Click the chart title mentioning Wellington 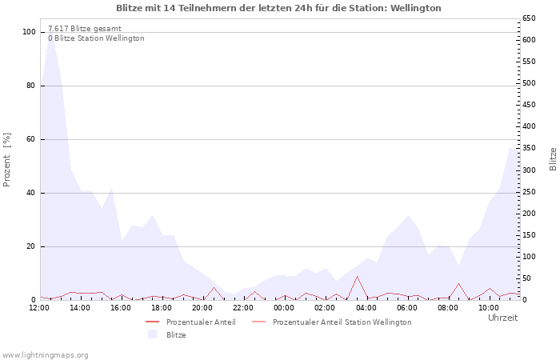[x=278, y=8]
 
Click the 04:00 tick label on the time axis [x=366, y=307]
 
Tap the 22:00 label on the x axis [x=242, y=307]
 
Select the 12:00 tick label [x=40, y=307]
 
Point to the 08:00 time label [x=448, y=307]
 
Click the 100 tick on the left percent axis [x=29, y=32]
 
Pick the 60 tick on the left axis [x=31, y=139]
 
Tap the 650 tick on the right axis [x=528, y=18]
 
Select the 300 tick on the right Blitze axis [x=528, y=170]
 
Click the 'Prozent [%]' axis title [x=7, y=160]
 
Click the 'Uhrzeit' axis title [x=502, y=318]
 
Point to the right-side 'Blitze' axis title [x=553, y=158]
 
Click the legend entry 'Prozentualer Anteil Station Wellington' [x=342, y=322]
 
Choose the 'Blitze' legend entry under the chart [x=176, y=334]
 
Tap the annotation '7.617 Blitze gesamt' [x=85, y=29]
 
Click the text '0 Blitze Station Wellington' [x=96, y=38]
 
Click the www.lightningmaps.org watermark [x=46, y=354]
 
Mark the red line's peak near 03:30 [x=357, y=277]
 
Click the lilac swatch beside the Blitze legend [x=152, y=334]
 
